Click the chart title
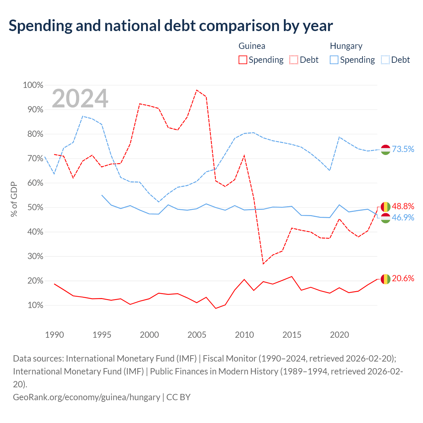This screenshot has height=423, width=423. [171, 26]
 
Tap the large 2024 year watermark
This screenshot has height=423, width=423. [80, 98]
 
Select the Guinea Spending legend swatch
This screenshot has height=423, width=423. [243, 60]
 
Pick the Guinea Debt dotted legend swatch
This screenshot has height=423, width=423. [293, 60]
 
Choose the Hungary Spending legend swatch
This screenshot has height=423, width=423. [334, 60]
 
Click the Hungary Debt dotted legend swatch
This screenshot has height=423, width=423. [385, 60]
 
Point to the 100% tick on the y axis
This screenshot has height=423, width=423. [33, 85]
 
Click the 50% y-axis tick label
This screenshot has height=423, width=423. [35, 207]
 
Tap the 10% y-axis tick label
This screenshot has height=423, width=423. [35, 305]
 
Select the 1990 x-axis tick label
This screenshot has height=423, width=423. [54, 335]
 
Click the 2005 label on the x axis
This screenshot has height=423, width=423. [197, 335]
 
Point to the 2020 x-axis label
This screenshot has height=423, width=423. [339, 335]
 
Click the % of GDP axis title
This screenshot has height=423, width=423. [14, 199]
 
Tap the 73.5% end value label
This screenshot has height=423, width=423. [403, 149]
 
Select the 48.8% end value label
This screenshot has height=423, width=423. [403, 206]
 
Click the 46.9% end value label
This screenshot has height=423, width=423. [403, 217]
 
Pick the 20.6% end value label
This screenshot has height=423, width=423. [403, 278]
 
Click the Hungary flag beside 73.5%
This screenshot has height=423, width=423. [385, 150]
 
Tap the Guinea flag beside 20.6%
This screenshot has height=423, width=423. [385, 279]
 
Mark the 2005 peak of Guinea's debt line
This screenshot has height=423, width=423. [197, 90]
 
